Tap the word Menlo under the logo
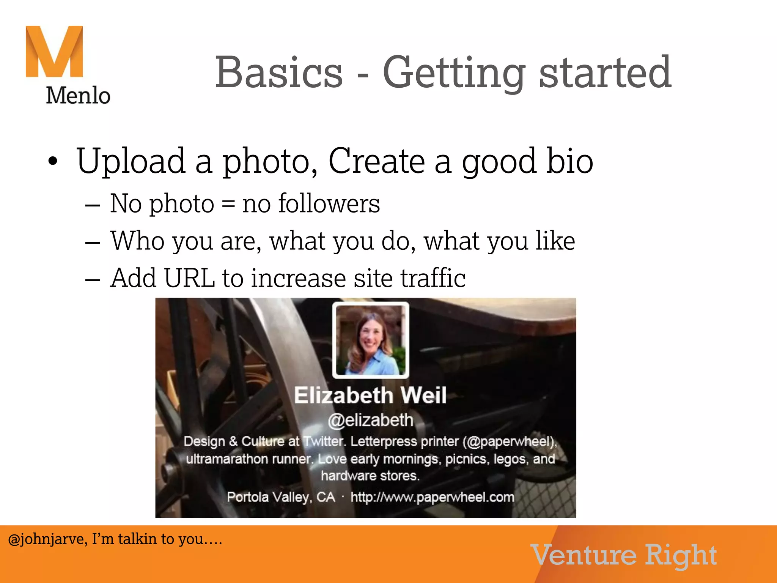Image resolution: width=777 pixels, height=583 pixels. pyautogui.click(x=78, y=95)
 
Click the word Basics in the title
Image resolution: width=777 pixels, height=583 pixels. pyautogui.click(x=279, y=72)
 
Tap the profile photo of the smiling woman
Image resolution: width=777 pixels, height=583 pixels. pyautogui.click(x=371, y=340)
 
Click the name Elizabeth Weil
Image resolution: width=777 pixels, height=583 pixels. pyautogui.click(x=370, y=395)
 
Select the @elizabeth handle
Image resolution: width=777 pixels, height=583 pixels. pyautogui.click(x=370, y=421)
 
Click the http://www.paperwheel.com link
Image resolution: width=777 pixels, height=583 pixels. pyautogui.click(x=432, y=497)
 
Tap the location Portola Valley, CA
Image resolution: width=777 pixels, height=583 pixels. pyautogui.click(x=281, y=497)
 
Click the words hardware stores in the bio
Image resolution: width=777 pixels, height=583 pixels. pyautogui.click(x=370, y=476)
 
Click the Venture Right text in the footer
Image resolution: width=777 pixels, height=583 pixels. pyautogui.click(x=624, y=555)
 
